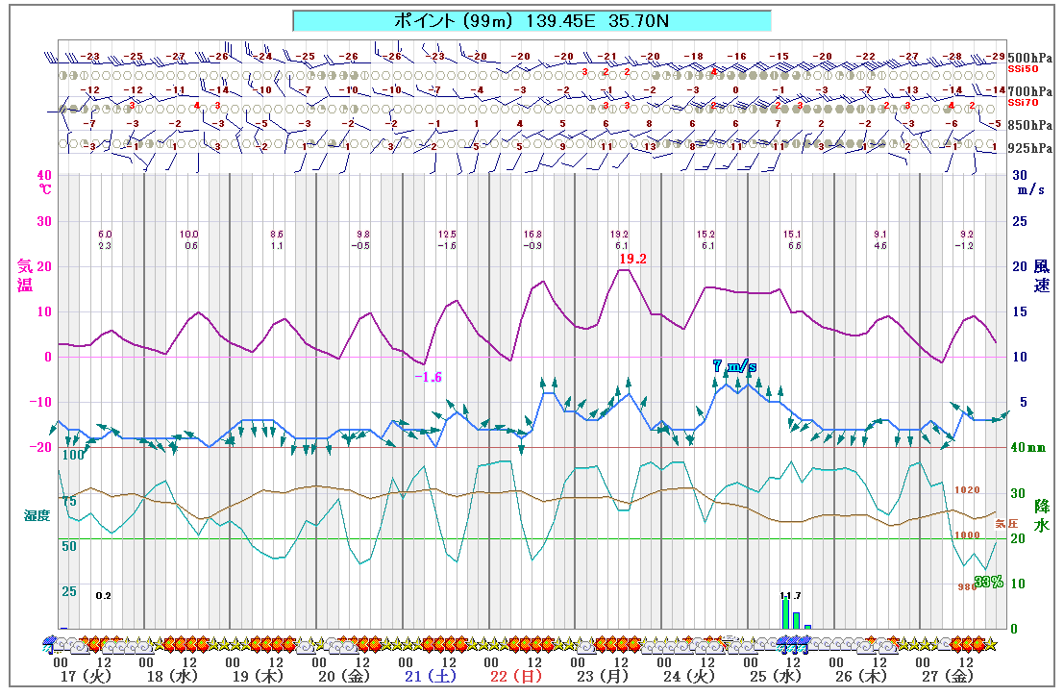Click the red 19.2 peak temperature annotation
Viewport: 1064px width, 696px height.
633,259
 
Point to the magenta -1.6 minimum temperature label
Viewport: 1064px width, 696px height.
428,377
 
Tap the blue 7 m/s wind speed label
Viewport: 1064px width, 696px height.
734,366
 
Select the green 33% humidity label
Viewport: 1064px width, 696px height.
988,582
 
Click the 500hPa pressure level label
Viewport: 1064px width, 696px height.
1029,57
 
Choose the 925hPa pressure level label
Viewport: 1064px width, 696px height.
1029,148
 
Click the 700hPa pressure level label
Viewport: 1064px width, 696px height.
1029,90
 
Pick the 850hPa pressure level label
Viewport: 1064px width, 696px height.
1029,125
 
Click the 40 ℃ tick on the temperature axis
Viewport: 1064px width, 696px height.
43,176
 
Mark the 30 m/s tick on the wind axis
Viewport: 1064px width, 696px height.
1021,176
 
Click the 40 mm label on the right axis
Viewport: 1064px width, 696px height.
1027,447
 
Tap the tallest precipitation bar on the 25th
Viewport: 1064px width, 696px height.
785,613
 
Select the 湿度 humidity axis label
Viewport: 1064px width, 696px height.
37,515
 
